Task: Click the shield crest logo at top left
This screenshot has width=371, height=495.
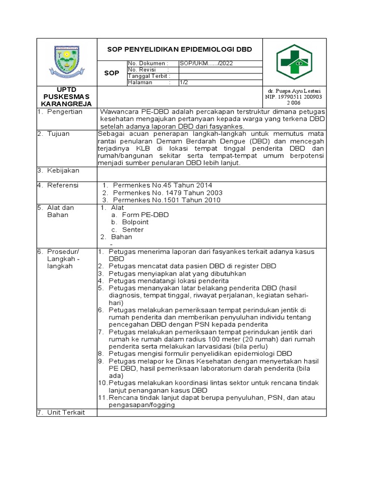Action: click(67, 61)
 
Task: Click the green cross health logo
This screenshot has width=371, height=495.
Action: click(294, 62)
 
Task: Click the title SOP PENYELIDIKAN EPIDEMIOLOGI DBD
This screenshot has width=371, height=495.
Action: click(179, 50)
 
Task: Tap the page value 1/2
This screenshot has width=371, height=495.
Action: click(184, 82)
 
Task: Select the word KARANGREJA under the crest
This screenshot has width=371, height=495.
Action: click(67, 104)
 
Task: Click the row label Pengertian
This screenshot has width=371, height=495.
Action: click(65, 112)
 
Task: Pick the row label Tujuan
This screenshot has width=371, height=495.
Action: click(59, 134)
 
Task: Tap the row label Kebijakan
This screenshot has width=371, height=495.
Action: click(63, 171)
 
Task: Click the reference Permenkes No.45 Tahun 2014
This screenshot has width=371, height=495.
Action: click(162, 185)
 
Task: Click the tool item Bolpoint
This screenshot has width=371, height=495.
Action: click(135, 222)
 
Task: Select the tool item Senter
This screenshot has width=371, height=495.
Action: click(133, 230)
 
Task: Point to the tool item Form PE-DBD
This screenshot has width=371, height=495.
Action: click(145, 215)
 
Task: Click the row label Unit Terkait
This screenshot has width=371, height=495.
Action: click(66, 412)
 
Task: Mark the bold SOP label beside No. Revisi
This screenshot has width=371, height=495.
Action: click(112, 73)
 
